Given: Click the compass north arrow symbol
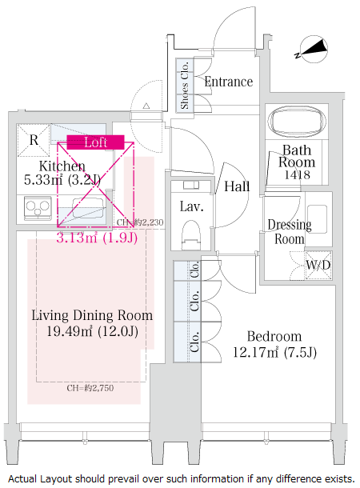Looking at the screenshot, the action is click(311, 49).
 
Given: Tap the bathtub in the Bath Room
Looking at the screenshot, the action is click(297, 122).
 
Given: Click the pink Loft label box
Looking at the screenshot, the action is click(95, 142).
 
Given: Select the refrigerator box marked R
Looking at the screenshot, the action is click(34, 140).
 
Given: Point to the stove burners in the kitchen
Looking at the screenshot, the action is click(38, 208).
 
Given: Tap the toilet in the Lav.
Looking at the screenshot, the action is click(190, 234).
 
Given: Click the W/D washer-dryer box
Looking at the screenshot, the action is click(318, 265).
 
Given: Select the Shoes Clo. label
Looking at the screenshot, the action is click(185, 85).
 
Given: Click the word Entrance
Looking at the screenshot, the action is click(228, 82).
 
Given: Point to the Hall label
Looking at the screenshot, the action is click(237, 186).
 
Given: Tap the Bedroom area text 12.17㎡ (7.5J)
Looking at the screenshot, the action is click(274, 352).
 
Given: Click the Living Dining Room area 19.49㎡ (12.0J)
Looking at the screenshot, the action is click(93, 331).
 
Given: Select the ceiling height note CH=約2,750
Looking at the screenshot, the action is click(90, 388).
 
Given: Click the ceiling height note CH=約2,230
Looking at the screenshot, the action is click(140, 222).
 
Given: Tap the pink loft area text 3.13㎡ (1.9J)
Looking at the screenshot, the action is click(97, 238).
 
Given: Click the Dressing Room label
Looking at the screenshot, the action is click(290, 232).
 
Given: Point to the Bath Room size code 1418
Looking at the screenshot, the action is click(297, 174).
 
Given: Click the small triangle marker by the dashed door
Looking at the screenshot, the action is click(146, 106).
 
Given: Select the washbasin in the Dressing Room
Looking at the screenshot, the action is click(317, 218).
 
